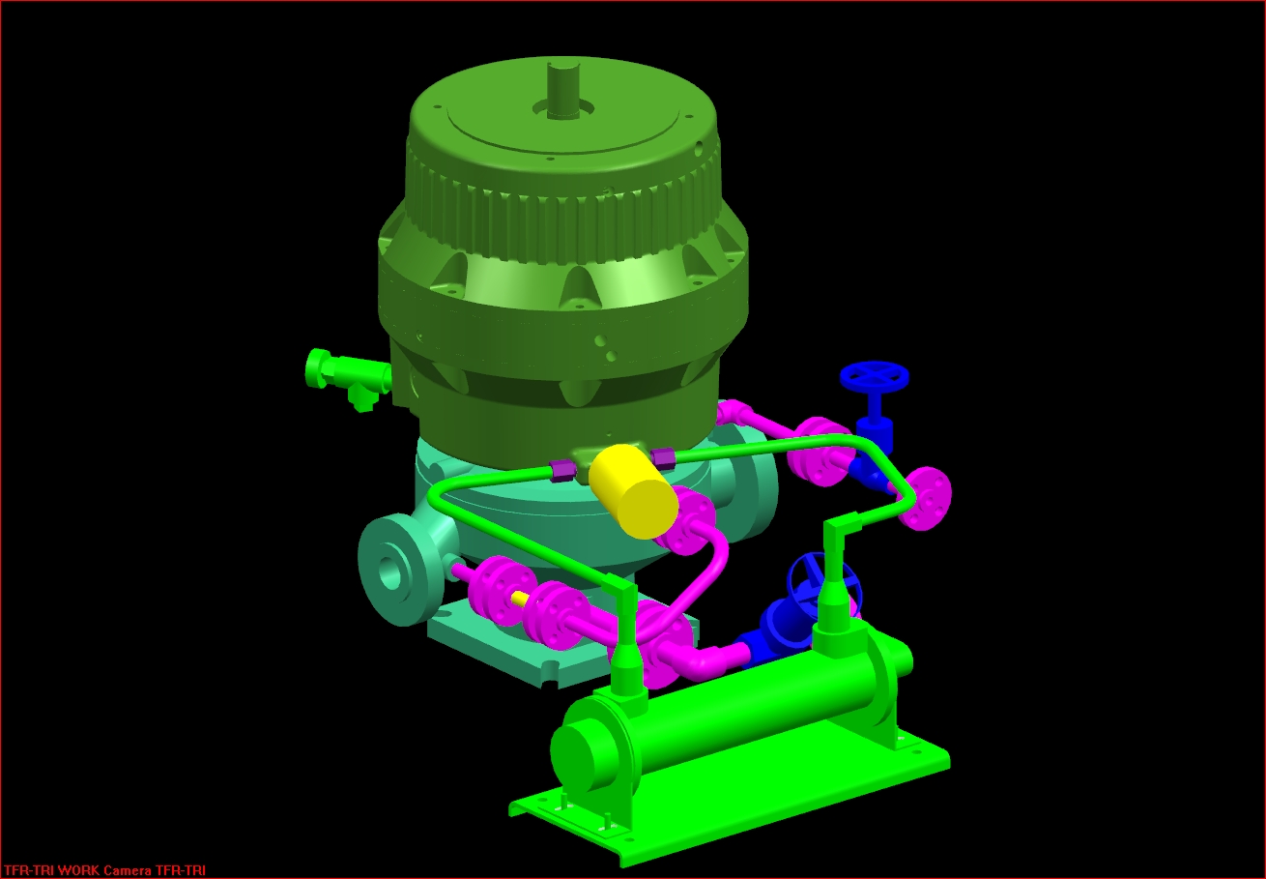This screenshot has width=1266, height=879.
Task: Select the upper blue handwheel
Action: click(x=875, y=378)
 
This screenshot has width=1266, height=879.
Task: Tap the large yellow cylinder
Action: click(x=634, y=490)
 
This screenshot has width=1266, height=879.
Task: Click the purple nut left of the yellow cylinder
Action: click(x=559, y=471)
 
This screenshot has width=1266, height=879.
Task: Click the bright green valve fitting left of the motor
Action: click(x=346, y=376)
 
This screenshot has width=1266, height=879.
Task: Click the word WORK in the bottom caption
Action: click(x=78, y=870)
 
